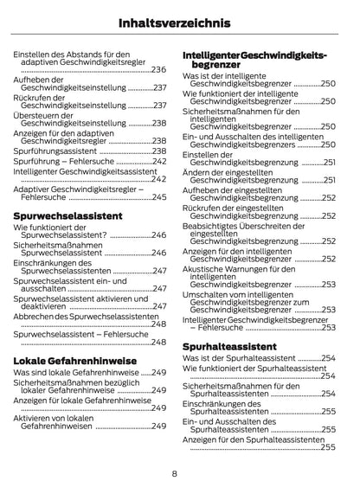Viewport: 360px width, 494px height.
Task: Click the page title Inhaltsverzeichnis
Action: pyautogui.click(x=179, y=21)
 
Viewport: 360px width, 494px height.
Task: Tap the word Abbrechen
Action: pyautogui.click(x=37, y=317)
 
